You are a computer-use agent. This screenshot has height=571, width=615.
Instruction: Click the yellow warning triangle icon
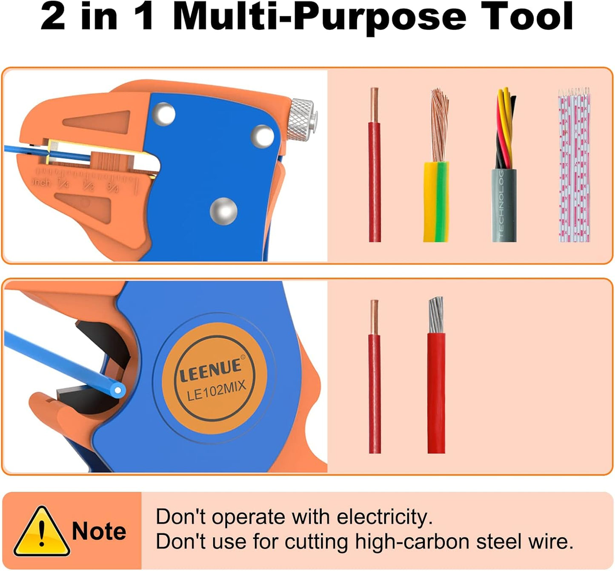[41, 532]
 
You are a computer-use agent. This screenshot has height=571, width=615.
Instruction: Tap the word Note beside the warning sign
[99, 531]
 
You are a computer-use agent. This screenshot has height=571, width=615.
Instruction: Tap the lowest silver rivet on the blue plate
[223, 211]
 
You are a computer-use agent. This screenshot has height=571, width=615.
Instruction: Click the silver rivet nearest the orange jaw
[163, 114]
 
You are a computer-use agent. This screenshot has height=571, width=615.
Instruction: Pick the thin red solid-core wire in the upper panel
[375, 179]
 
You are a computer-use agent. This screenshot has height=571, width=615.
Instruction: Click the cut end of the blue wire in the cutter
[118, 390]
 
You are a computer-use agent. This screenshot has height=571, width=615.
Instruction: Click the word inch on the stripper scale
[41, 182]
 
